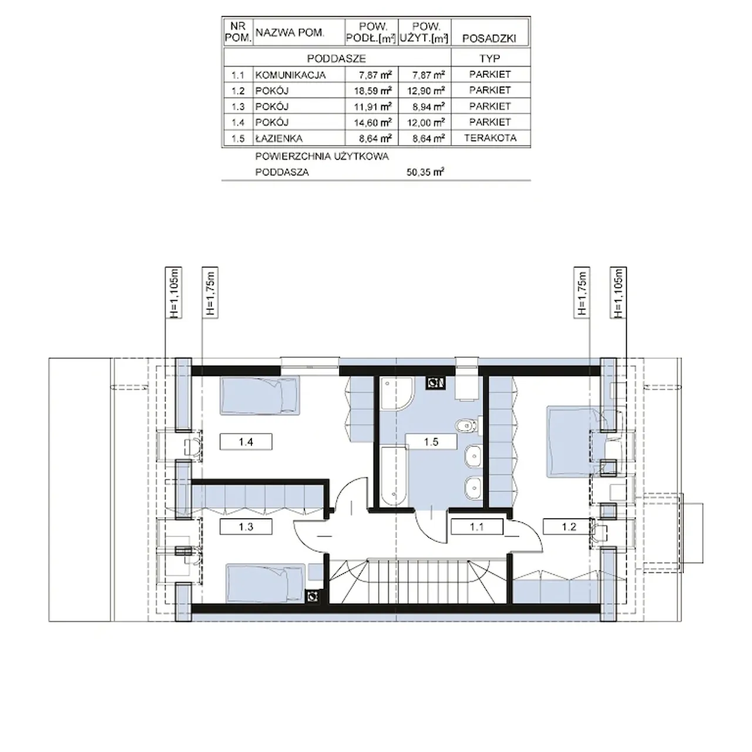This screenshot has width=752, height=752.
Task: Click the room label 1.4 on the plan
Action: coord(246,442)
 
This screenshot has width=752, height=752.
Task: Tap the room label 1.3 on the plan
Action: coord(246,526)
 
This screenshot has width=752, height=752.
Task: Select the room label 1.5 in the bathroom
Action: coord(431,442)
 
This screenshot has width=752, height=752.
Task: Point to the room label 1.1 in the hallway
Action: coord(477,526)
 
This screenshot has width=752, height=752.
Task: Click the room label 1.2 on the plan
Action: coord(569,526)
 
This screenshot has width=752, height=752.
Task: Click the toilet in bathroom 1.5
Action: coord(467,426)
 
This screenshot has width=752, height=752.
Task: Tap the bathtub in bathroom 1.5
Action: coord(394,476)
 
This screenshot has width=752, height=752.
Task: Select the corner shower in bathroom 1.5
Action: coord(395,393)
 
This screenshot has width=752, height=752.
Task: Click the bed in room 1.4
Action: coord(260,395)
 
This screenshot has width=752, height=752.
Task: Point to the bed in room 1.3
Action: coord(266,583)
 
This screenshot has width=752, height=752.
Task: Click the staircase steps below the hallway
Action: coord(418,581)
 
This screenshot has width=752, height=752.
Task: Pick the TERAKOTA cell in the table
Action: coord(490,138)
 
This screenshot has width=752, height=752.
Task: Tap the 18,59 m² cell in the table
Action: coord(372,90)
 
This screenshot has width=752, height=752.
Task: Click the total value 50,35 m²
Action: coord(425,172)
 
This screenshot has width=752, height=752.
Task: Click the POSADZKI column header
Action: coord(489,38)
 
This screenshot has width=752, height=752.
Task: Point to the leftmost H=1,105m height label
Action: coord(174,293)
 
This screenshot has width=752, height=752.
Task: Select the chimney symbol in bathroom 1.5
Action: coord(435,383)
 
